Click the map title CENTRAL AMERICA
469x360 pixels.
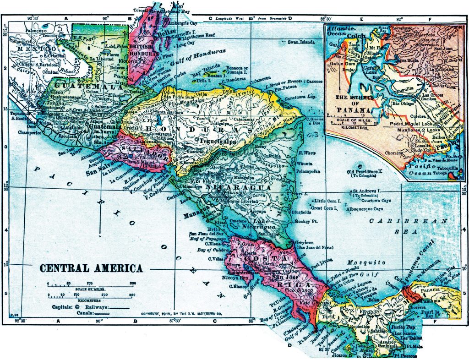pos(91,268)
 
